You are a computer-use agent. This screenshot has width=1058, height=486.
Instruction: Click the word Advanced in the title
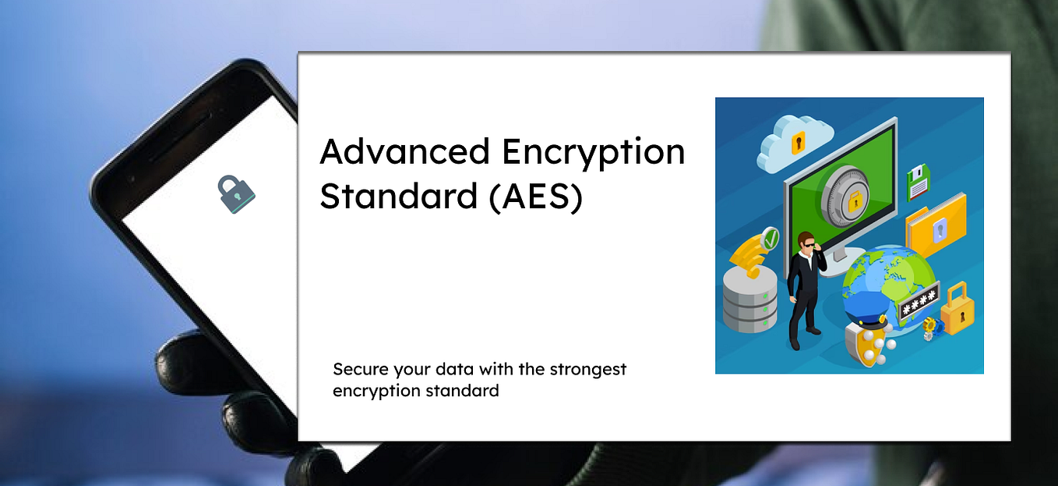click(x=404, y=151)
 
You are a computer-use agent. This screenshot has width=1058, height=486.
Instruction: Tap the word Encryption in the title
click(x=593, y=151)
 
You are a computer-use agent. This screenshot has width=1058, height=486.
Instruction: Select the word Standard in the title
click(x=398, y=196)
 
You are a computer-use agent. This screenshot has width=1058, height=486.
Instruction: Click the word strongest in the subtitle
click(x=588, y=369)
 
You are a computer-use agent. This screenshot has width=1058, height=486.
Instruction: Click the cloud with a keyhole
click(x=790, y=143)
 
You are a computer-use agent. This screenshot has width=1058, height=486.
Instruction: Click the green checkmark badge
click(x=771, y=238)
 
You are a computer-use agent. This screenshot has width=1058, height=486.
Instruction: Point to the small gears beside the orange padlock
click(x=929, y=328)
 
